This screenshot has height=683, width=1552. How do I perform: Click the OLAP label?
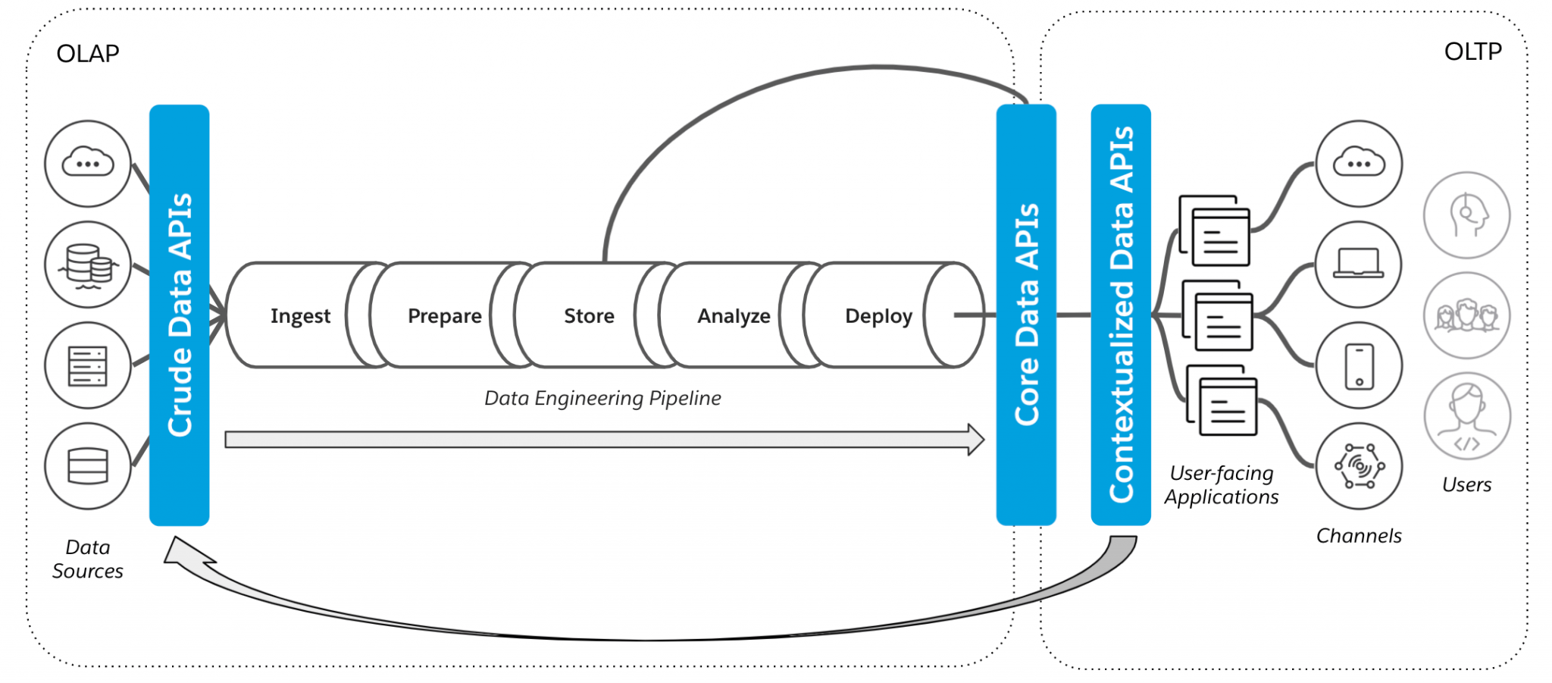[x=88, y=54]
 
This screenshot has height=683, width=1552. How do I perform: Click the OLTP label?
[x=1472, y=52]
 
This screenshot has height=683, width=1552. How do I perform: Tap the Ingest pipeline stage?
[x=300, y=315]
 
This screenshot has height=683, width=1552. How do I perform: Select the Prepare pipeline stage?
[x=444, y=315]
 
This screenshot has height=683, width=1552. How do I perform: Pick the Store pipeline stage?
[x=589, y=315]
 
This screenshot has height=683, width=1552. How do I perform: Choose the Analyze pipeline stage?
[x=734, y=315]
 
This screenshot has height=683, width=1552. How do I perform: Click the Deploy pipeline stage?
[x=878, y=315]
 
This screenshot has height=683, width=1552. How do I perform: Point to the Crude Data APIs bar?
[x=180, y=315]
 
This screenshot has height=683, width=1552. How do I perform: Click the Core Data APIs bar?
[x=1026, y=315]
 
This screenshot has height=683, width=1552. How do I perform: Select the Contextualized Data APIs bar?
[x=1121, y=315]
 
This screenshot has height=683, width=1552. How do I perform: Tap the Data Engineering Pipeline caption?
[x=602, y=398]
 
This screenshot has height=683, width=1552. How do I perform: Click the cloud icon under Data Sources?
[x=88, y=163]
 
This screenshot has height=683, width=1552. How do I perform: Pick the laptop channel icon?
[x=1359, y=264]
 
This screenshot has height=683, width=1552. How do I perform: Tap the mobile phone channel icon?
[x=1359, y=365]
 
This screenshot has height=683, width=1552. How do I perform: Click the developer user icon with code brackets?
[x=1467, y=416]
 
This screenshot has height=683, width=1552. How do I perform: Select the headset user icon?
[x=1467, y=215]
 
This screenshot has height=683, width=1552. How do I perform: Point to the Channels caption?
[x=1359, y=535]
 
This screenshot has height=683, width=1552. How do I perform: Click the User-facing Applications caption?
[x=1222, y=485]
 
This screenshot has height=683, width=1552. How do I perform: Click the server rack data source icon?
[x=88, y=365]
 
